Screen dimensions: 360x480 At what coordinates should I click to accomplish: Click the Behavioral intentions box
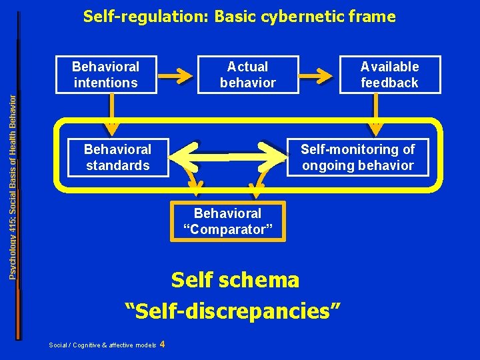(x=105, y=75)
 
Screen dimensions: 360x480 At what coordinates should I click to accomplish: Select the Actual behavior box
(x=247, y=75)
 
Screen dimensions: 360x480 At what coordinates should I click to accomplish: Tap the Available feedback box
(x=389, y=75)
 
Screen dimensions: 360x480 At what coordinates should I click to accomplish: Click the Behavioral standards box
(x=118, y=157)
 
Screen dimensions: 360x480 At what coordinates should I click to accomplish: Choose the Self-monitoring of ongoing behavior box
(x=357, y=157)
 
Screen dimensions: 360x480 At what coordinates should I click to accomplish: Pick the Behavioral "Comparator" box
(x=228, y=221)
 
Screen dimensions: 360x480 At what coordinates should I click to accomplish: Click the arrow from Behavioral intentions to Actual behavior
(x=177, y=75)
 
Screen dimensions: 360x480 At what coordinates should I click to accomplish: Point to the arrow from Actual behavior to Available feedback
(x=319, y=75)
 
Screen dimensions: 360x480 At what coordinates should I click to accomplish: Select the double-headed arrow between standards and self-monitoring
(x=228, y=157)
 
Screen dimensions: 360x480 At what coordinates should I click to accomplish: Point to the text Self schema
(x=235, y=280)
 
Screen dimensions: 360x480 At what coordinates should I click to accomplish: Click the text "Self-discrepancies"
(x=235, y=309)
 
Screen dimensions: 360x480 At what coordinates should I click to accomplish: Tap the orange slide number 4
(x=163, y=344)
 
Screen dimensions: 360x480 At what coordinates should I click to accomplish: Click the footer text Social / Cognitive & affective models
(x=103, y=345)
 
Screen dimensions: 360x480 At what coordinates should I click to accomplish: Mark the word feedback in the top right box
(x=389, y=83)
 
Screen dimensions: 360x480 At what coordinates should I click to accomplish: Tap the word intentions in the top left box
(x=105, y=83)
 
